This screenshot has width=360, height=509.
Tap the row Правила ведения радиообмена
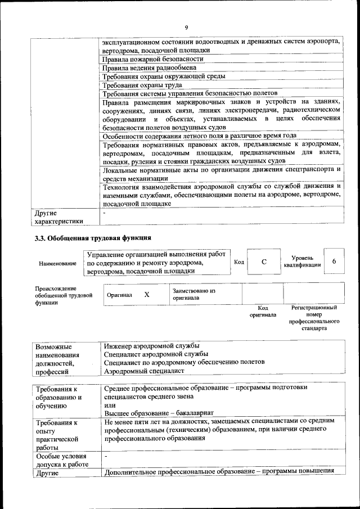(149, 67)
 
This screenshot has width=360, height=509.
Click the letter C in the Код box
(264, 262)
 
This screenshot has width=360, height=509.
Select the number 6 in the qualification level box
(334, 262)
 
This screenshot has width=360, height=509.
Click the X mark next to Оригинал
(147, 295)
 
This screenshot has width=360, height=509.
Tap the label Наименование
(57, 263)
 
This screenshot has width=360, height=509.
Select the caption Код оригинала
(263, 312)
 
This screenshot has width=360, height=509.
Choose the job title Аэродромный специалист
(144, 371)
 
